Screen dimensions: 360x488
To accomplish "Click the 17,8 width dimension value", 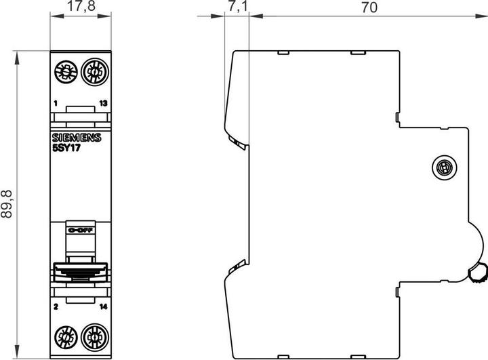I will [80, 8].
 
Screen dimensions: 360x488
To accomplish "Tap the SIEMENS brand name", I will [76, 138].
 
